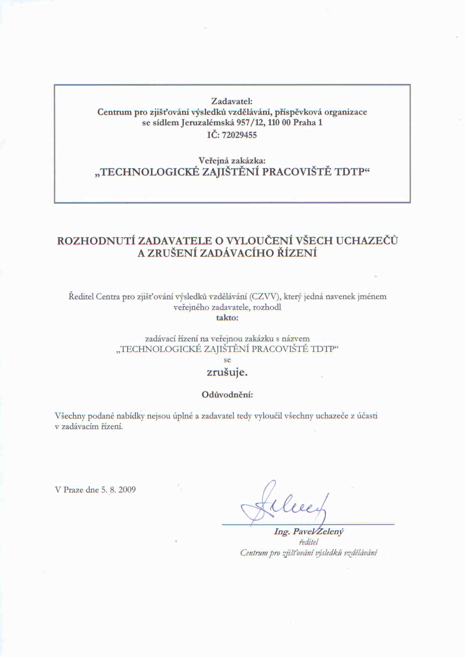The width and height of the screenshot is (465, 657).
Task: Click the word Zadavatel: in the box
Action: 232,101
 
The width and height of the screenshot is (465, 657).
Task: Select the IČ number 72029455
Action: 239,135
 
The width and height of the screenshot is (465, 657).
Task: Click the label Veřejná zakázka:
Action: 232,160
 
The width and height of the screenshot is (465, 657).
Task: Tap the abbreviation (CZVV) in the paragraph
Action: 266,297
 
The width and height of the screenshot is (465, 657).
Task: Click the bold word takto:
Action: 227,318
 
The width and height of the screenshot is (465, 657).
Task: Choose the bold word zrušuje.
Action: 227,372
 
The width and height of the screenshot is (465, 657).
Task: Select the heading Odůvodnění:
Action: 227,395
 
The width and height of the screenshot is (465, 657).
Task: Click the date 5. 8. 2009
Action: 118,490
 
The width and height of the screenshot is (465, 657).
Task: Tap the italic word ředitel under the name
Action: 309,542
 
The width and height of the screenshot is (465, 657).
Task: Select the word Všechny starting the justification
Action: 70,416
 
